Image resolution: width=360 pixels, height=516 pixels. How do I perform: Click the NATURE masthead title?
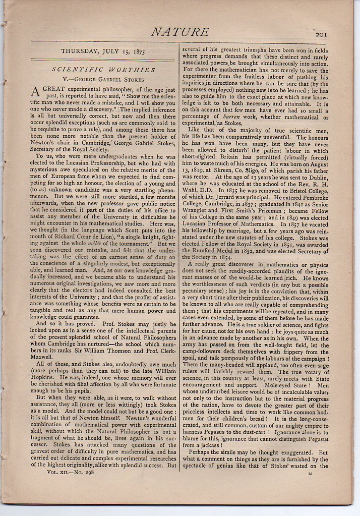(x=180, y=32)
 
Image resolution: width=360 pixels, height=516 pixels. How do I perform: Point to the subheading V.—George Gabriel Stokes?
(x=101, y=79)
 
